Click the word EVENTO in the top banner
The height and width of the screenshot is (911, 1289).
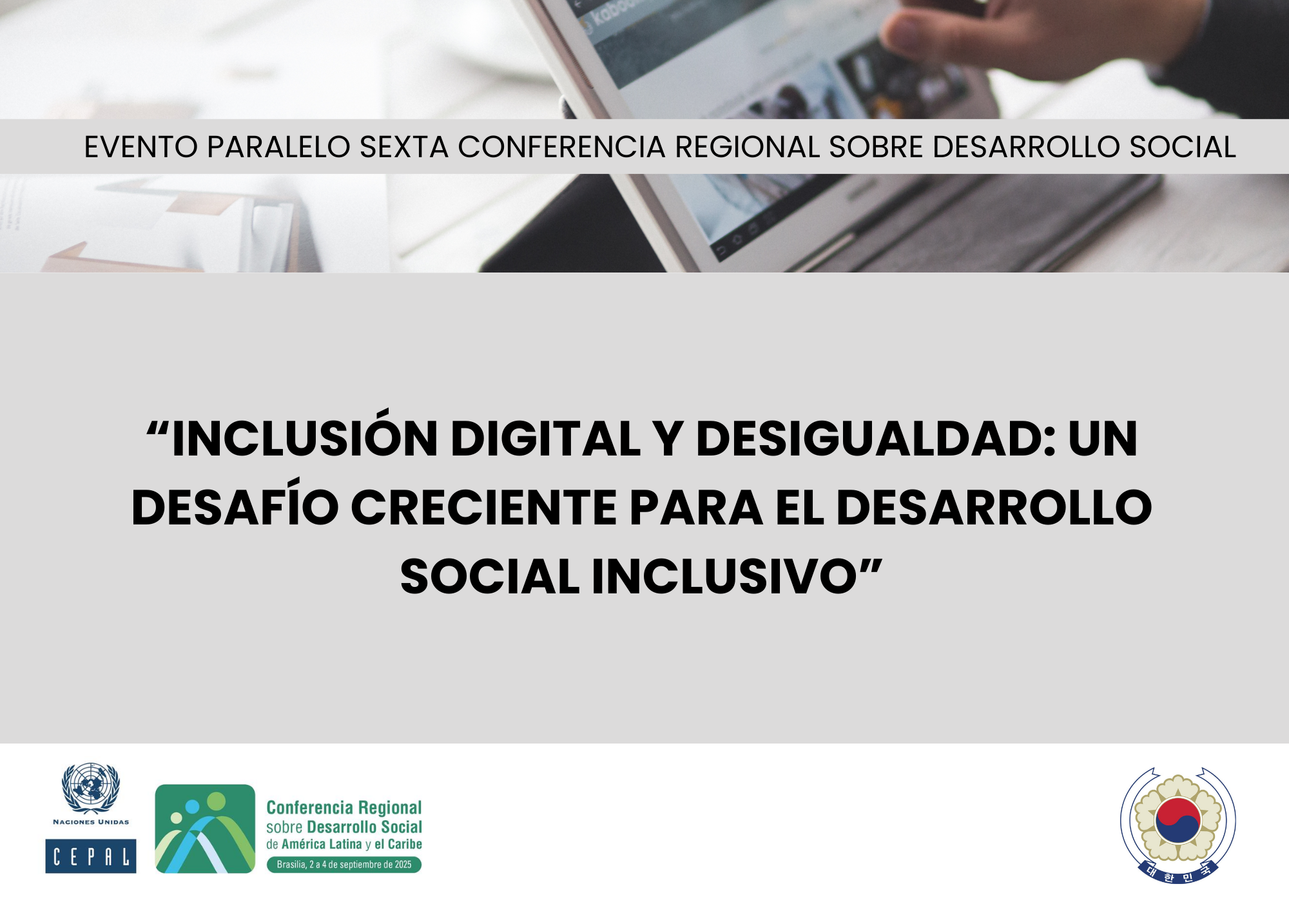tap(141, 147)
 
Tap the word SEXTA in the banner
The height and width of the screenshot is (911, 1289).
tap(403, 147)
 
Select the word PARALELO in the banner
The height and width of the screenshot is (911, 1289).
tap(278, 147)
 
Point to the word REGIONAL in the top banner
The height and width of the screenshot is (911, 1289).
tap(747, 147)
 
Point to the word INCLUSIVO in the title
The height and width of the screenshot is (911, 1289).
tap(724, 576)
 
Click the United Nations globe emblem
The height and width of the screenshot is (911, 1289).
tap(91, 788)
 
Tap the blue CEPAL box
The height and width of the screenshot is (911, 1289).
tap(91, 856)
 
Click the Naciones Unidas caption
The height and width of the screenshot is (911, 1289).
tap(91, 822)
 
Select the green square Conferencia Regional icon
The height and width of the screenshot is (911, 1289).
tap(205, 829)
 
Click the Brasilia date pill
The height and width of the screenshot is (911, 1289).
tap(344, 865)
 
